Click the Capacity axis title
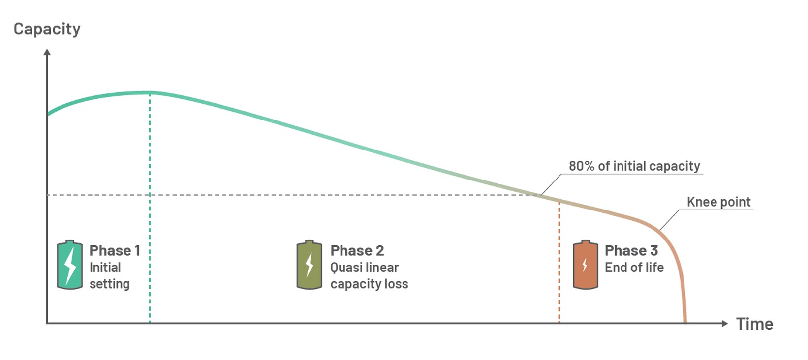pos(47,29)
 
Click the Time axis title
pos(755,324)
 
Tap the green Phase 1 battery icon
pos(70,265)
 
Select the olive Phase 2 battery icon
pos(309,265)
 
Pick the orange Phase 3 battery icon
pos(586,265)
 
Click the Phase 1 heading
pos(115,250)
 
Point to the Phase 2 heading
pos(357,250)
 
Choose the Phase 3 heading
pos(631,250)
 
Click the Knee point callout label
pos(718,202)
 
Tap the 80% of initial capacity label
pos(634,166)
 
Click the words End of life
pos(634,268)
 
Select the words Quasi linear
pos(364,268)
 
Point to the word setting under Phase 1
pos(109,284)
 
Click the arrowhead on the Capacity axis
pos(47,52)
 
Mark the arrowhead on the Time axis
pos(725,323)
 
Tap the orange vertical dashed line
pos(559,262)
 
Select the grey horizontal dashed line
pos(294,195)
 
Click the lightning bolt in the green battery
pos(70,266)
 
